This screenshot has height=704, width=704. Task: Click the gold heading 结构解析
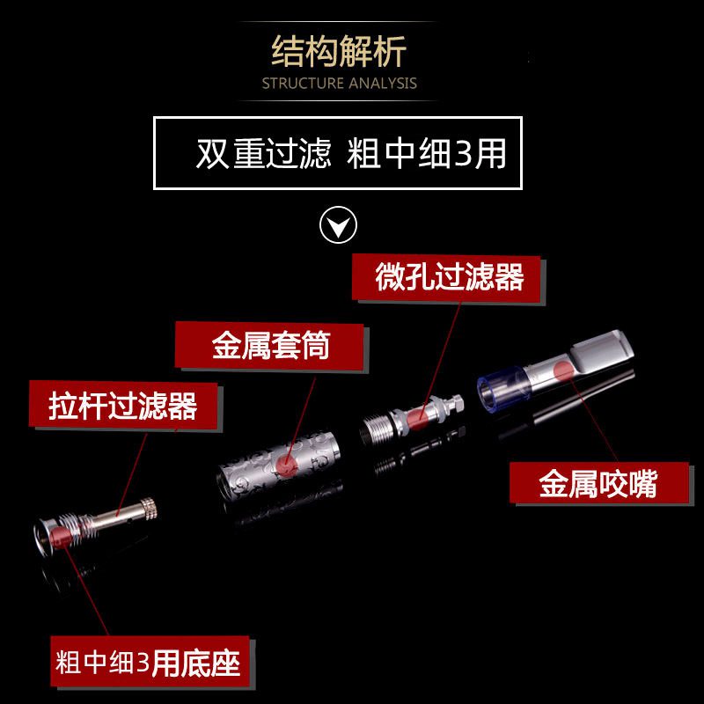pos(339,51)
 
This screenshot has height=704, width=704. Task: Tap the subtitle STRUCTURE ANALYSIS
pos(340,84)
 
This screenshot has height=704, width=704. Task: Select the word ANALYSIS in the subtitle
pos(383,84)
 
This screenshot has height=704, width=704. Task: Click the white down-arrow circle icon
pos(339,225)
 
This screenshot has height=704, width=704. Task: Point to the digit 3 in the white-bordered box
pos(465,153)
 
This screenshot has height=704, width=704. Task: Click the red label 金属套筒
pos(269,345)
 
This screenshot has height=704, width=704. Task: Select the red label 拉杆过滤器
pos(123,405)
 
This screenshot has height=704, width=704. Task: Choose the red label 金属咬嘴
pos(599,483)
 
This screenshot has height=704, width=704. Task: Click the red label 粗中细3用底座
pos(150,663)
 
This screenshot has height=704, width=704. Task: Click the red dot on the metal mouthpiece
pos(563,370)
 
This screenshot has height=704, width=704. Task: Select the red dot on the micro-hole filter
pos(416,416)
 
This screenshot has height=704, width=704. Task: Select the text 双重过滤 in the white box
pos(264,153)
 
